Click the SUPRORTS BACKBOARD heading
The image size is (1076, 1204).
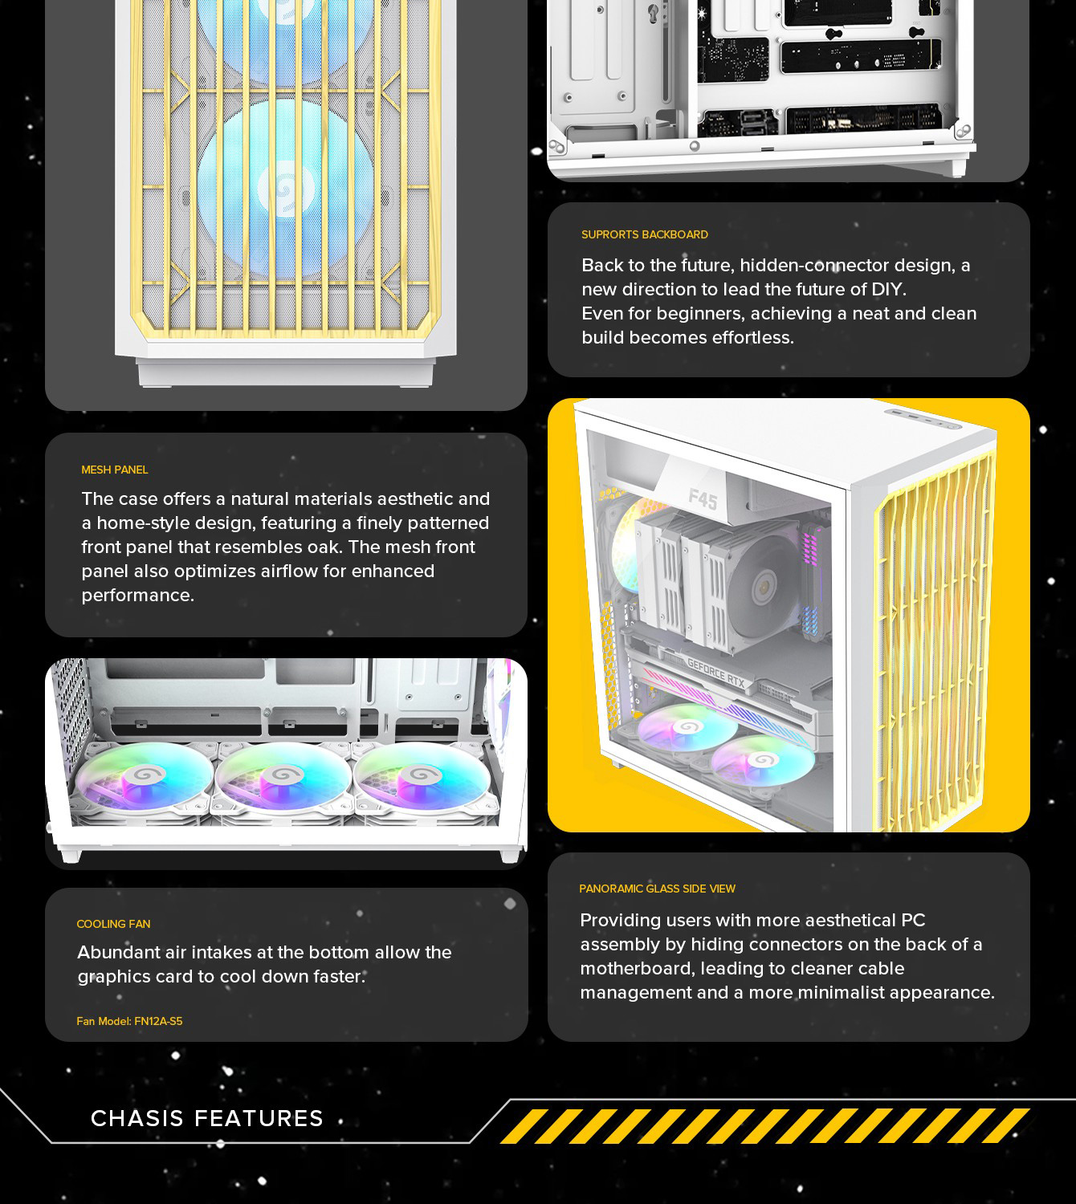tap(645, 234)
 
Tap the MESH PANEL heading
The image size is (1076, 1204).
tap(115, 470)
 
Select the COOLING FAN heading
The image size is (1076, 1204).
tap(113, 924)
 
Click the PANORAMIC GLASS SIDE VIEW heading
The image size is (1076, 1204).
tap(658, 889)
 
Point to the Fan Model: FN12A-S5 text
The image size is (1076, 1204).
tap(129, 1021)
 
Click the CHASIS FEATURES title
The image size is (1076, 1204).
tap(207, 1118)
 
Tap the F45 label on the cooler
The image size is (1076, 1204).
tap(703, 500)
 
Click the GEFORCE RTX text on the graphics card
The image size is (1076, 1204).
tap(715, 673)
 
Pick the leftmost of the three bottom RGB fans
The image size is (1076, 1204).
tap(145, 777)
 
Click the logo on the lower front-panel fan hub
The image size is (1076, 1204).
tap(286, 190)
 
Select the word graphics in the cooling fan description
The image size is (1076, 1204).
tap(113, 977)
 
